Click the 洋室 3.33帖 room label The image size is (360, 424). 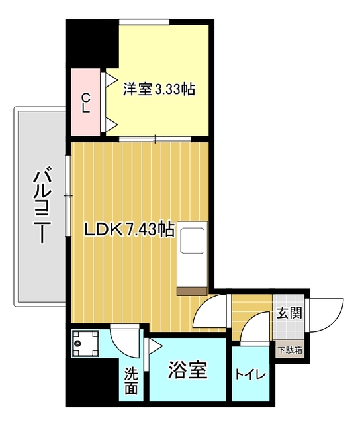point(159,89)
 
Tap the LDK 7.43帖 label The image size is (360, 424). point(129,230)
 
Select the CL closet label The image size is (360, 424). point(86,103)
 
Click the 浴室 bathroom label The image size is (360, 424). point(188,370)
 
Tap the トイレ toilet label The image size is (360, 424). point(251,374)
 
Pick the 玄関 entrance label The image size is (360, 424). point(289,313)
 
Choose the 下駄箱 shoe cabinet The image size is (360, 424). point(290,350)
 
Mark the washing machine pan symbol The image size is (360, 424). point(85,343)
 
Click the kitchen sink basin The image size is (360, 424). point(193,240)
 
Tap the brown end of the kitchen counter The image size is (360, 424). point(192,291)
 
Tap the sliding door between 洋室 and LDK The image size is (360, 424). point(155,139)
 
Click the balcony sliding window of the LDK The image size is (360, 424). point(69,196)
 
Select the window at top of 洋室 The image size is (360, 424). point(144,21)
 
